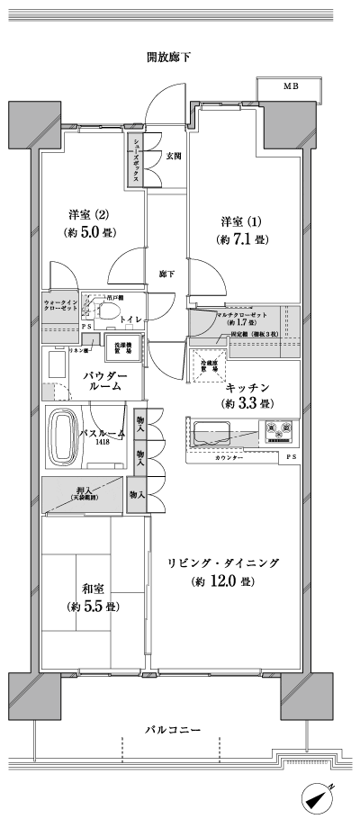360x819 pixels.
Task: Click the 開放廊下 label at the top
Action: (169, 57)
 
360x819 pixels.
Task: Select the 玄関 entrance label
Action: (174, 156)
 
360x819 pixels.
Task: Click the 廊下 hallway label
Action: (166, 274)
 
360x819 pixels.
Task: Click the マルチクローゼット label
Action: (243, 313)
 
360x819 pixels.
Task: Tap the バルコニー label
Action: (170, 729)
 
